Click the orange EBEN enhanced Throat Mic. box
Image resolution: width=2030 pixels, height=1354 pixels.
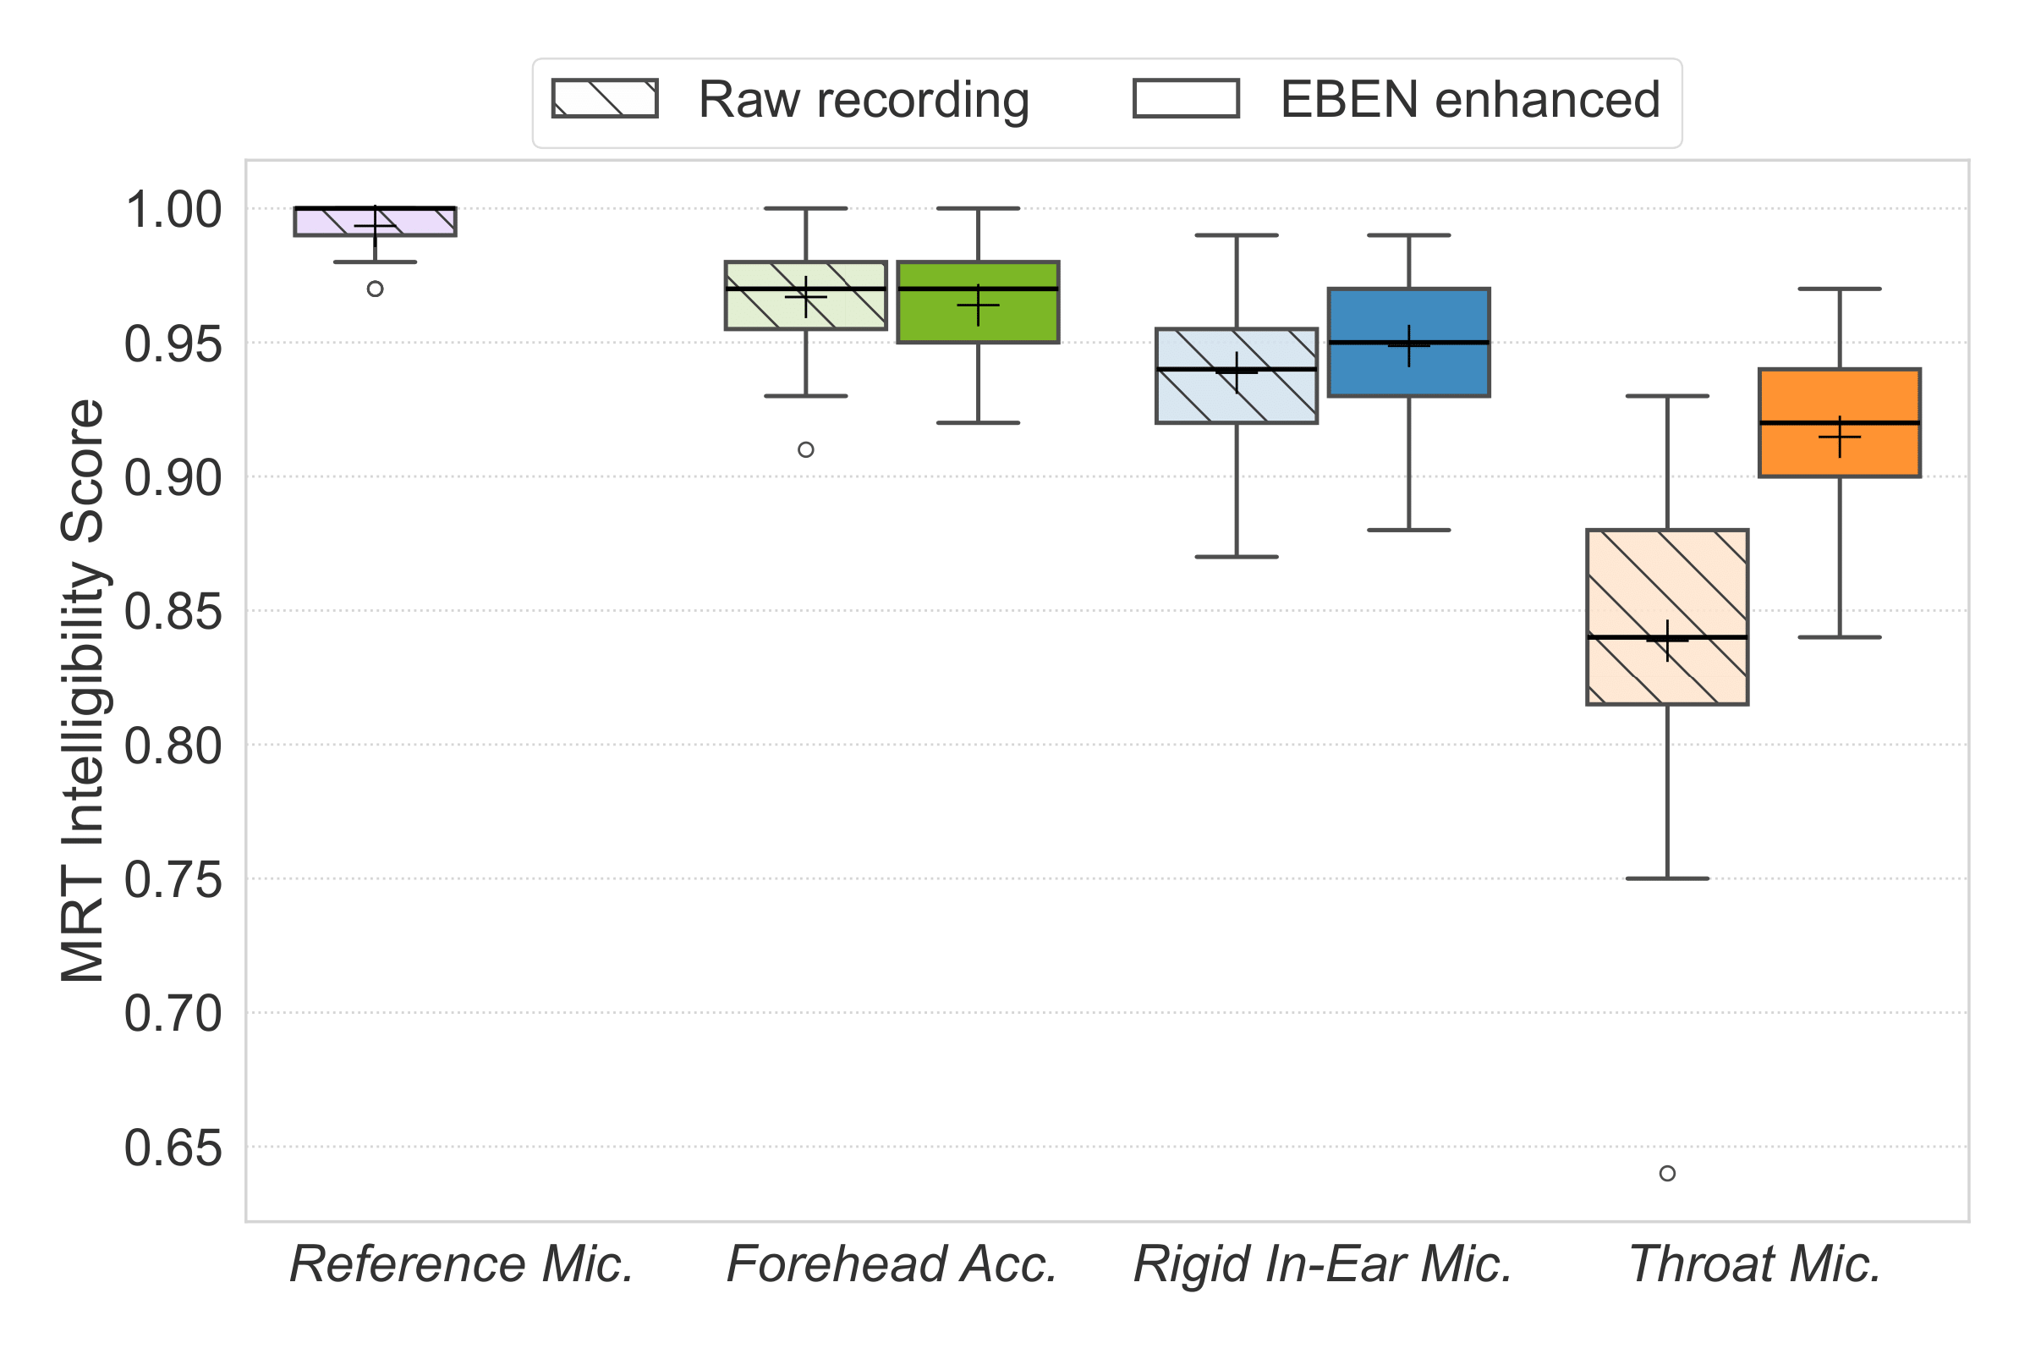tap(1839, 397)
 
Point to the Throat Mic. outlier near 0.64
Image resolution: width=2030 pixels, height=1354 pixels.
tap(1667, 1174)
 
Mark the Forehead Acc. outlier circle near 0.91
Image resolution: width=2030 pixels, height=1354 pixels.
tap(805, 450)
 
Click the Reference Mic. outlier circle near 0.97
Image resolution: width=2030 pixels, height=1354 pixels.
tap(375, 289)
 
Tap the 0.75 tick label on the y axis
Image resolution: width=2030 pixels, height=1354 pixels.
tap(173, 881)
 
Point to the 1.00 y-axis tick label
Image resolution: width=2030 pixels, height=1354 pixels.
tap(173, 210)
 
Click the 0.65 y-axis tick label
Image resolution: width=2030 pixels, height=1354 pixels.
tap(173, 1149)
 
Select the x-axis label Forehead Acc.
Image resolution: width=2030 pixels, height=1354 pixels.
tap(892, 1265)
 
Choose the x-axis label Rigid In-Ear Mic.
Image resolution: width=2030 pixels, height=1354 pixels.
tap(1322, 1265)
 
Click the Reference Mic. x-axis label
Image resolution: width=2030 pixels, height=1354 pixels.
tap(462, 1265)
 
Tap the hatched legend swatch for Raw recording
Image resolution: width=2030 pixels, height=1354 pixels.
tap(605, 98)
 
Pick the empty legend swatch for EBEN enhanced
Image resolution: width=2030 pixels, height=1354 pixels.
tap(1186, 98)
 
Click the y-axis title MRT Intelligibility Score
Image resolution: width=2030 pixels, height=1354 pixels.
tap(83, 691)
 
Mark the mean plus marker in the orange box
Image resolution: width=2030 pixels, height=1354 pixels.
tap(1839, 437)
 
